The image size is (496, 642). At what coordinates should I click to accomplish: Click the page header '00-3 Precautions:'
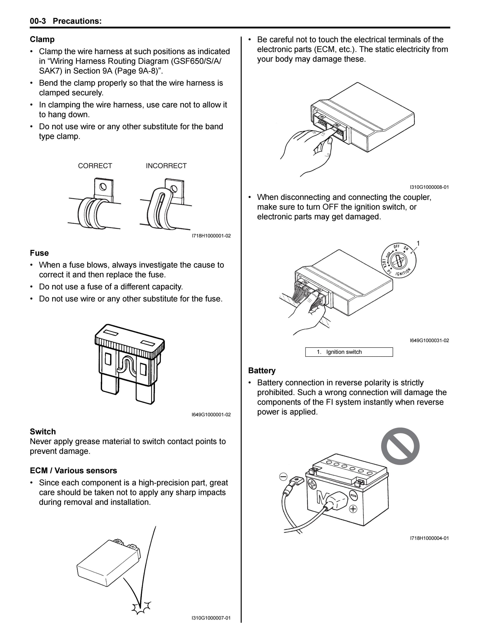tap(66, 21)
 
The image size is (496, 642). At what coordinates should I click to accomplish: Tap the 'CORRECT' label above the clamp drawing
tap(95, 166)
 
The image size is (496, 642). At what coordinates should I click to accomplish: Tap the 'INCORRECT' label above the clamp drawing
tap(166, 166)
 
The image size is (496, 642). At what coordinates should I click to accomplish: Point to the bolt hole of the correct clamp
tap(103, 186)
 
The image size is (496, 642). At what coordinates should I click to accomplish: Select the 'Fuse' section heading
tap(39, 253)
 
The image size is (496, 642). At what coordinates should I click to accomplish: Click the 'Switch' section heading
tap(43, 431)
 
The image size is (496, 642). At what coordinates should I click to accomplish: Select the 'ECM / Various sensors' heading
tap(73, 471)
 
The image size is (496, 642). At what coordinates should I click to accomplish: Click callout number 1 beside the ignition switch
tap(418, 243)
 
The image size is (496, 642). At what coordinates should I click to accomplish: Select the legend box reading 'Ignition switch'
tap(349, 352)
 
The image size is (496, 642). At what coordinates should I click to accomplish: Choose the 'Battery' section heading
tap(262, 370)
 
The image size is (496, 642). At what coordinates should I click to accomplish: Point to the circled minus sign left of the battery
tap(283, 477)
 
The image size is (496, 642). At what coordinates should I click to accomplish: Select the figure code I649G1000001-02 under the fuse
tap(211, 415)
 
